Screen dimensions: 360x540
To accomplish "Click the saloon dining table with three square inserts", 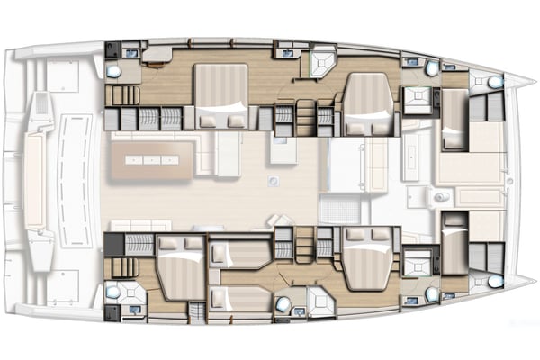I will (153, 160).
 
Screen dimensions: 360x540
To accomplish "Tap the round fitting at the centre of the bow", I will (510, 180).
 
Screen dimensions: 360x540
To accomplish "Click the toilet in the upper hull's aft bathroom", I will (114, 70).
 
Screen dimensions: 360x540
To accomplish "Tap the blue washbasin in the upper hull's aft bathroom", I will (132, 53).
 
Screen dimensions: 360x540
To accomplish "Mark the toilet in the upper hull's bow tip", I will (496, 81).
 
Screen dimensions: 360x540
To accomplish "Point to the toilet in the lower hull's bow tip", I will (496, 280).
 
